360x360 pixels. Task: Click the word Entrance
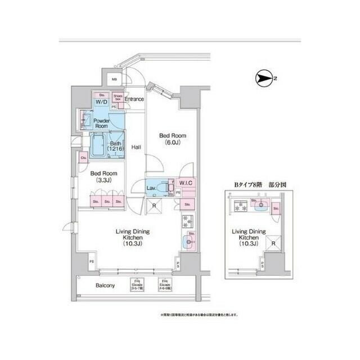[134, 100]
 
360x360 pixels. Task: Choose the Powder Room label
[101, 124]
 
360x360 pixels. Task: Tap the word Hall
[136, 147]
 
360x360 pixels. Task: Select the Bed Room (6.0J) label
[172, 139]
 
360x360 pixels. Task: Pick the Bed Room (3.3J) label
[105, 177]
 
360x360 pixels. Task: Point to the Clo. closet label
[83, 158]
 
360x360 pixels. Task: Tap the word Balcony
[105, 286]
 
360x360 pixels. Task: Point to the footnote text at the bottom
[200, 315]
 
